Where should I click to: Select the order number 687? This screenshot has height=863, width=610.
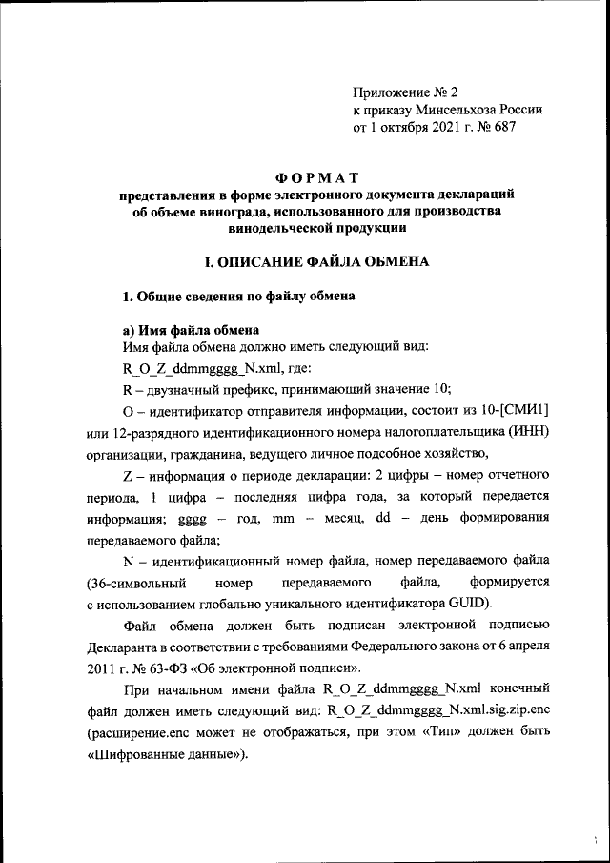[x=503, y=127]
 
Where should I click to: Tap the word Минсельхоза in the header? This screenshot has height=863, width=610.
[x=456, y=110]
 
